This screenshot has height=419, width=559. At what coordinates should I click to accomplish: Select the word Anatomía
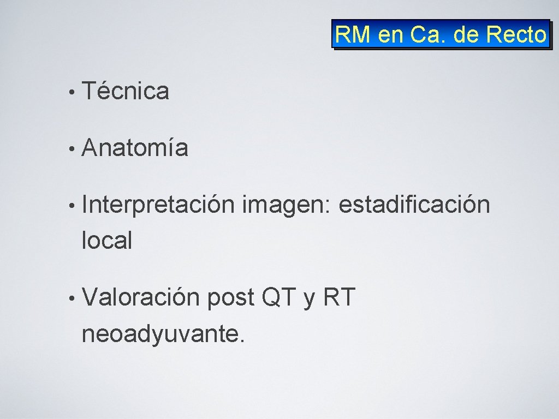click(135, 148)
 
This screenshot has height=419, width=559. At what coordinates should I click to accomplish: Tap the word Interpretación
click(158, 206)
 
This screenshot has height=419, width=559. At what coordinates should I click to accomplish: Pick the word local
click(106, 240)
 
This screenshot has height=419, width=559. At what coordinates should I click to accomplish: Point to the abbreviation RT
click(340, 298)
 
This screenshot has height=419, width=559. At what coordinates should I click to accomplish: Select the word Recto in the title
click(516, 35)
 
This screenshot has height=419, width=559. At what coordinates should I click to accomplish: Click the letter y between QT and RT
click(309, 300)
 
